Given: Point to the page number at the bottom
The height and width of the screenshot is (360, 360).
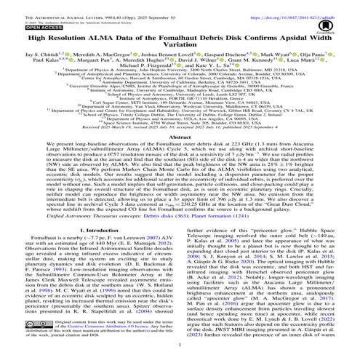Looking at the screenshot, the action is coord(180,355).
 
